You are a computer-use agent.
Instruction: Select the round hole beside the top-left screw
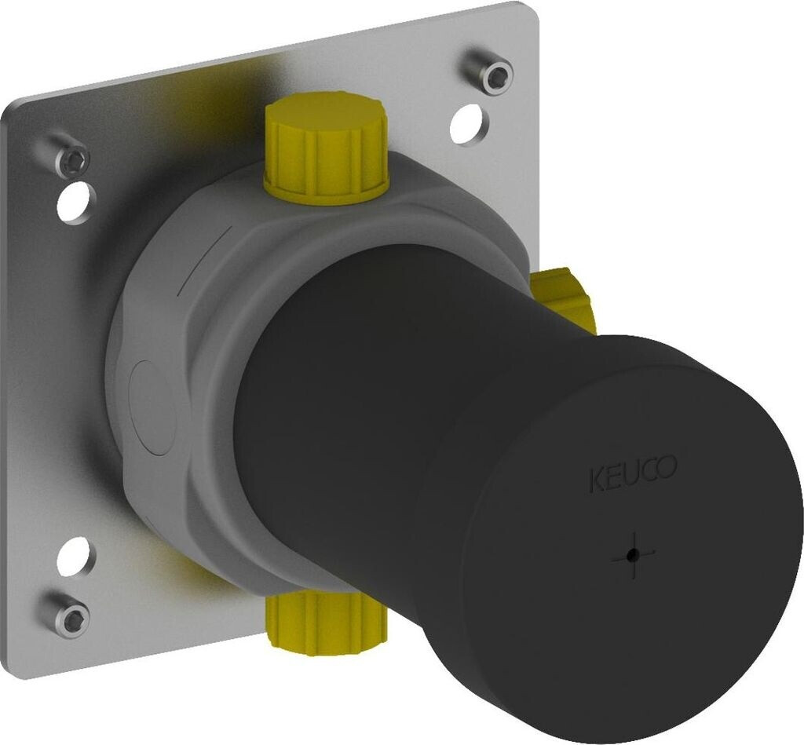pyautogui.click(x=78, y=203)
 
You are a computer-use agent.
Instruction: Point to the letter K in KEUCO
pyautogui.click(x=595, y=479)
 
